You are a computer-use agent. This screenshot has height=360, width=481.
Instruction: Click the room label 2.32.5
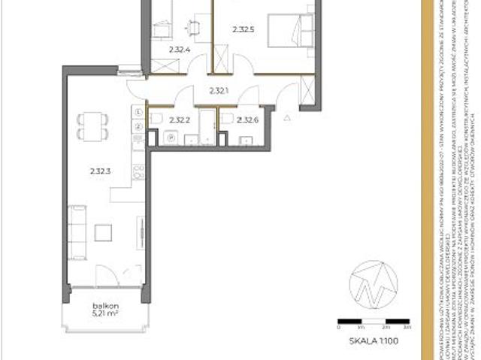(x=244, y=30)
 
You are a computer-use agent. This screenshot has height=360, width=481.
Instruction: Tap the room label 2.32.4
(x=178, y=50)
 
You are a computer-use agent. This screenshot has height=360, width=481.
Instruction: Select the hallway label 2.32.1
(x=218, y=92)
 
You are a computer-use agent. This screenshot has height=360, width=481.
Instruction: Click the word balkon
(x=103, y=306)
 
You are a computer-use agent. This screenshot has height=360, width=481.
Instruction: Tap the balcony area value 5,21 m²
(x=103, y=314)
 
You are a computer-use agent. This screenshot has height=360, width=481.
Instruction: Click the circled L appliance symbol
(x=139, y=112)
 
